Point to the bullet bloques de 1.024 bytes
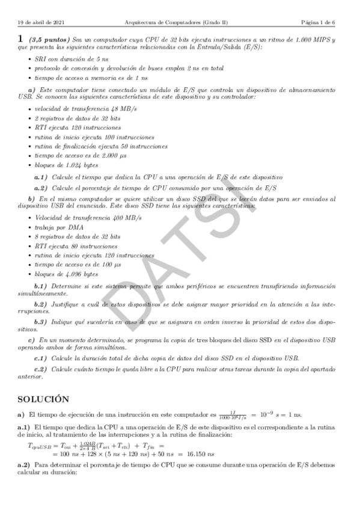tap(66, 165)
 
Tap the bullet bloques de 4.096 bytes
tap(67, 274)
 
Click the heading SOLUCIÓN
tap(43, 398)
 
